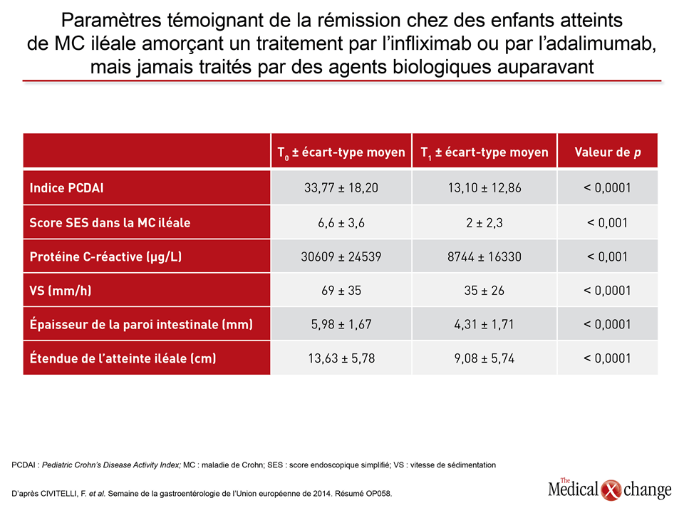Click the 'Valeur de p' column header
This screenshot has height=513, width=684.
point(608,152)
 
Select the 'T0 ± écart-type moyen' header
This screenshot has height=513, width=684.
point(341,152)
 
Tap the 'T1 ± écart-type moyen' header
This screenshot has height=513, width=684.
point(484,152)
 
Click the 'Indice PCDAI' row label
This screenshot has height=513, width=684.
point(66,188)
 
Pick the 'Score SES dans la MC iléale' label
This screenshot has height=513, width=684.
point(110,222)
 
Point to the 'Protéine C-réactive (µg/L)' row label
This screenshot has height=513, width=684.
point(105,256)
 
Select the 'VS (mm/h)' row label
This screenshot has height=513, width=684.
point(60,291)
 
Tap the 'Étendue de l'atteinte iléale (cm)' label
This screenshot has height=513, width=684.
point(123,358)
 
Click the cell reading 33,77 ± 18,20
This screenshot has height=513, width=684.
point(341,188)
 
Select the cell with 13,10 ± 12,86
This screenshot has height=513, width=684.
point(484,188)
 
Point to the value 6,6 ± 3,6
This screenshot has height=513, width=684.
point(341,223)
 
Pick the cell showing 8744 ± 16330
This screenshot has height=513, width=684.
point(484,256)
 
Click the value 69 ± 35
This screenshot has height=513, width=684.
point(341,291)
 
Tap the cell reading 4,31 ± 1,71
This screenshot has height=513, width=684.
point(484,325)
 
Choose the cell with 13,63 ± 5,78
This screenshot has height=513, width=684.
point(341,358)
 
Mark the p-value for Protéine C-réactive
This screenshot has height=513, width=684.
point(607,256)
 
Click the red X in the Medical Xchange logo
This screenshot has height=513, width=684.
point(611,490)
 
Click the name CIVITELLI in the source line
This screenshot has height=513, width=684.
point(59,494)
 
